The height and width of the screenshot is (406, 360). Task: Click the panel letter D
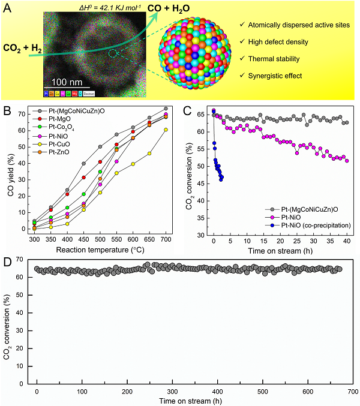pyautogui.click(x=7, y=262)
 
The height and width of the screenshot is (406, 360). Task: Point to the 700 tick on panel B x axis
pyautogui.click(x=165, y=239)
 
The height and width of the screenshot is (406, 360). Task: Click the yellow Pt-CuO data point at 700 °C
pyautogui.click(x=166, y=130)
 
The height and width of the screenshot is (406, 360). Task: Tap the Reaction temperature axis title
pyautogui.click(x=100, y=248)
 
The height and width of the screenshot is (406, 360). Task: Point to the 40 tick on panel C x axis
pyautogui.click(x=347, y=239)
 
